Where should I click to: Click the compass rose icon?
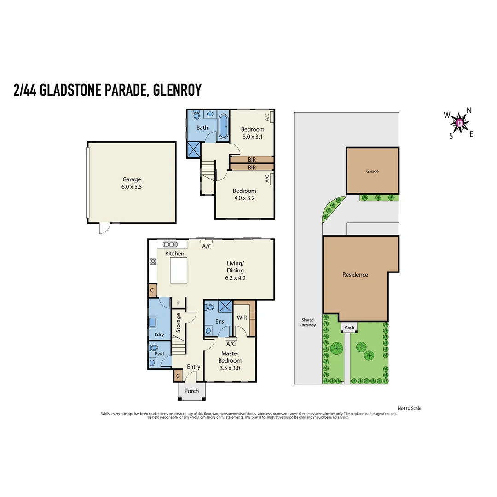460,123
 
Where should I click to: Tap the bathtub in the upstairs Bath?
223,126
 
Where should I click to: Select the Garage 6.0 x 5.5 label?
132,183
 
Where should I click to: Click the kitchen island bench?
179,271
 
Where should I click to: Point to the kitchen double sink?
170,244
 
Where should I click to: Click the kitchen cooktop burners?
153,261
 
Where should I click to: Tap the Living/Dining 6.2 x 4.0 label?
235,271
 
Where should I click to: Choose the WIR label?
242,318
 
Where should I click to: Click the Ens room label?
220,321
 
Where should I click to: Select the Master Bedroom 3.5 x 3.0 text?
230,360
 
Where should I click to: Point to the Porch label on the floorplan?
191,391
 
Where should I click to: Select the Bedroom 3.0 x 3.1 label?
253,133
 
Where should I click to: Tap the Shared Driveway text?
308,323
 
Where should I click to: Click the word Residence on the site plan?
355,275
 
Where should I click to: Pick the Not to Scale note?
409,408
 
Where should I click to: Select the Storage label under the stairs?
179,323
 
